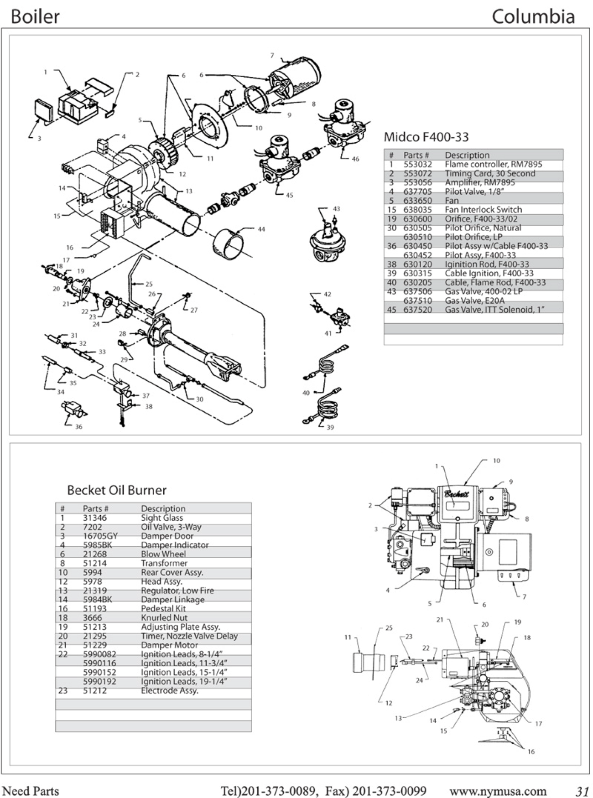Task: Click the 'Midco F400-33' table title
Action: point(426,137)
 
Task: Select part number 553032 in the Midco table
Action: point(417,164)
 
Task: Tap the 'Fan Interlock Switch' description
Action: point(483,210)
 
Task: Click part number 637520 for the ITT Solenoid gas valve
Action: point(417,310)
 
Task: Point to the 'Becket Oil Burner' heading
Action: point(117,490)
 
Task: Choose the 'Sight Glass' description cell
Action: point(162,518)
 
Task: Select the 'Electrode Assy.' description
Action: point(169,690)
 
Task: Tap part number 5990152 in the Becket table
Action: point(99,672)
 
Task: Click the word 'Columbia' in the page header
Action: point(533,17)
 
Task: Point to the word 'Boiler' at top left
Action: point(35,17)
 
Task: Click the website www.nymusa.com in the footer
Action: point(498,790)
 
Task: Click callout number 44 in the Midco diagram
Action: point(261,229)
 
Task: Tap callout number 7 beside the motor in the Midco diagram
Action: point(272,56)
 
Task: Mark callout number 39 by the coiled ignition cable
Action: point(330,427)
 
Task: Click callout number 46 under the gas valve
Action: point(355,159)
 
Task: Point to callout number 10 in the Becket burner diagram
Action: point(497,461)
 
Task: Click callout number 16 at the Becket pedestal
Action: point(531,751)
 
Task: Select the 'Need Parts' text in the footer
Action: point(31,790)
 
